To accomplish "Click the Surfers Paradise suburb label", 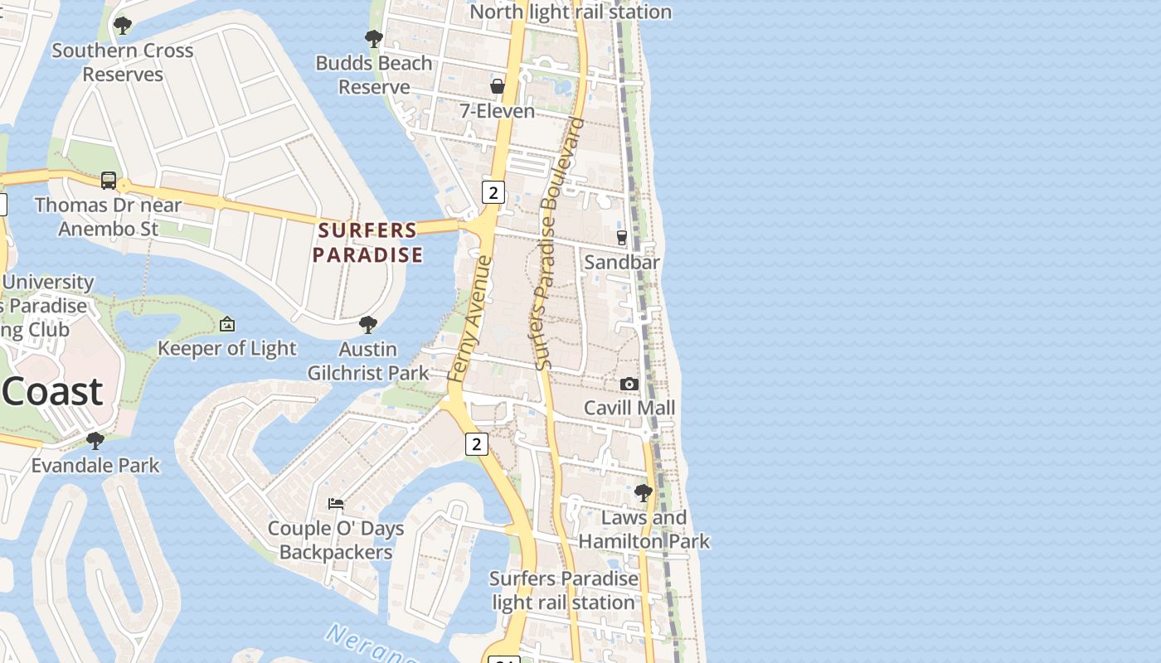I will (367, 242).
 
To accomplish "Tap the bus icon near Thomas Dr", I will (109, 180).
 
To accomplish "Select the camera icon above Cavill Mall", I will (629, 384).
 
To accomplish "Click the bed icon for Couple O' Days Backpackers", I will (336, 503).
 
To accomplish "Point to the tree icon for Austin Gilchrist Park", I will (368, 324).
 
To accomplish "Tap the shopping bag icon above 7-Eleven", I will (498, 86).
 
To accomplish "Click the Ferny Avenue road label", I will (469, 319).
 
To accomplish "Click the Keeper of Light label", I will (226, 348).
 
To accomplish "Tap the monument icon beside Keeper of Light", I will (227, 324).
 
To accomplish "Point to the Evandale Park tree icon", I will (95, 440).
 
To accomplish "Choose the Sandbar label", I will (622, 263).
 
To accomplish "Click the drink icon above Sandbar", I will (622, 238).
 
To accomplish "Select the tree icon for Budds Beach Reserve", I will (373, 38).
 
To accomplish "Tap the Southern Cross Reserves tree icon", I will (123, 26).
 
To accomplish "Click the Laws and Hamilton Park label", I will (644, 530).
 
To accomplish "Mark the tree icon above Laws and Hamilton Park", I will (643, 493).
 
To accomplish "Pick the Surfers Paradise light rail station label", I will (564, 590).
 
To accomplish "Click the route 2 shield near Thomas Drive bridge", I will (493, 192).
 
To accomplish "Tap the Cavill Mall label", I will (629, 408).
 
